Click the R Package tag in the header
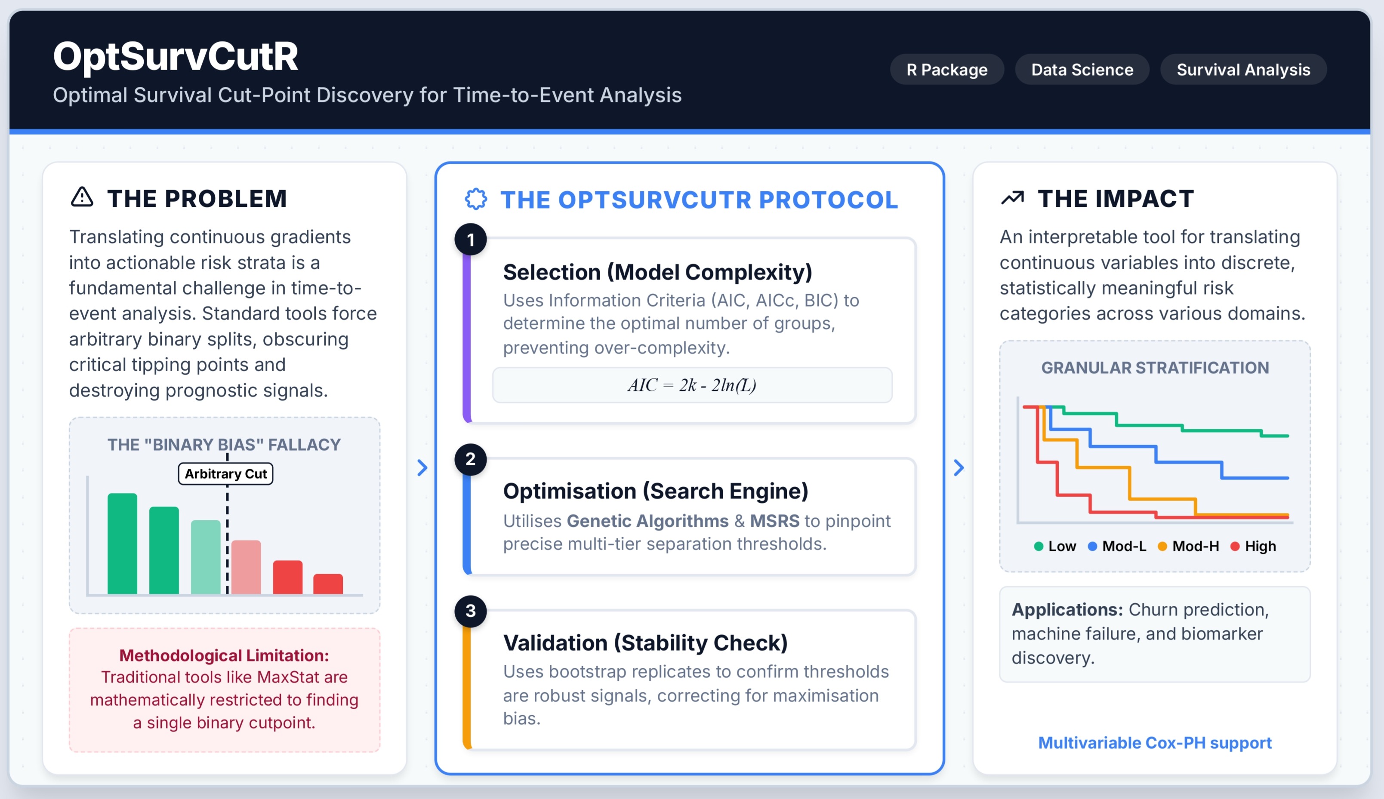946,70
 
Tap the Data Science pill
1082,70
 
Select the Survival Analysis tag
1243,70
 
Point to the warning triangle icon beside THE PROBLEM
82,197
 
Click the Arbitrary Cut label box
225,473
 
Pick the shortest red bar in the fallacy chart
328,584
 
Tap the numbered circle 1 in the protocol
471,240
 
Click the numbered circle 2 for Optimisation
471,459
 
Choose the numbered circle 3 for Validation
471,611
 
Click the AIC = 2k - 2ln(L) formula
692,385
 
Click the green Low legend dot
1038,547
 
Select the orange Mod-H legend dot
1162,547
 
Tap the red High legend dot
1235,547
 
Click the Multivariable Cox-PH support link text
1155,743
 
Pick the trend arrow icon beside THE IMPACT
1012,197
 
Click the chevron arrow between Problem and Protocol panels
422,467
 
